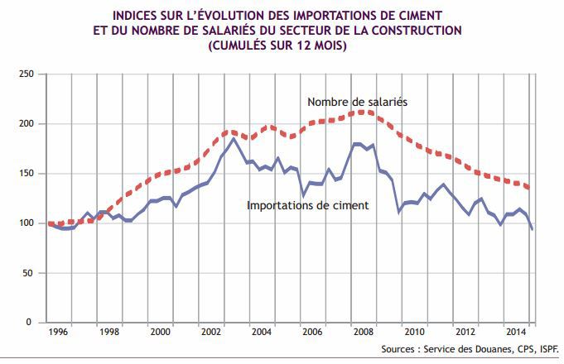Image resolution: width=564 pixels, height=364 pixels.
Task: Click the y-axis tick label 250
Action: [24, 74]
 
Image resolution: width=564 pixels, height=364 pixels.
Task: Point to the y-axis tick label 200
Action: [24, 124]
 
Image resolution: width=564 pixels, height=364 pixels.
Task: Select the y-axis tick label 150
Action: [24, 174]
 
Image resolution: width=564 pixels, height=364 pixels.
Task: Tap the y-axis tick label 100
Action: [24, 223]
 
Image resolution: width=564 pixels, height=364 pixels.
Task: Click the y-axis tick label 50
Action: [27, 273]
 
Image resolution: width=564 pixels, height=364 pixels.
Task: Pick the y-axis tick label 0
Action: [30, 323]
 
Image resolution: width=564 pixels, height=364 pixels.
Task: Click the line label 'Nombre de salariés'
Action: [357, 102]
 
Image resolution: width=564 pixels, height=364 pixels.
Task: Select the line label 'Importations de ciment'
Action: [307, 204]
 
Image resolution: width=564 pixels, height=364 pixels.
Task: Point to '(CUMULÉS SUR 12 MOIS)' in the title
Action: [282, 45]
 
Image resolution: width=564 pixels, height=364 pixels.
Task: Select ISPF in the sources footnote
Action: [547, 349]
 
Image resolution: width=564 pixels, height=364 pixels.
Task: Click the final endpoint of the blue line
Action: [532, 229]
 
